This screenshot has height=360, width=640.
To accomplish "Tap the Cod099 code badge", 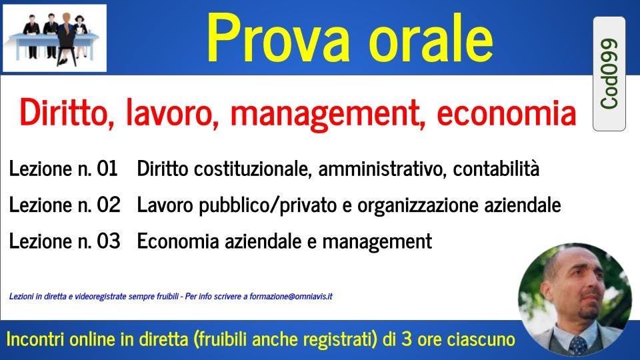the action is click(609, 74).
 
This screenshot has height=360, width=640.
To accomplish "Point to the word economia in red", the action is click(507, 113).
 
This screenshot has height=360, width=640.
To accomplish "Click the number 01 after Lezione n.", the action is click(107, 168).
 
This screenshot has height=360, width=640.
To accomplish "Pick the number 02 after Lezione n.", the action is click(109, 205).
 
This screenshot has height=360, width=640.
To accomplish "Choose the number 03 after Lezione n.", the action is click(109, 241).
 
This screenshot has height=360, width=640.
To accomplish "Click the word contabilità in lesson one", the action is click(496, 168).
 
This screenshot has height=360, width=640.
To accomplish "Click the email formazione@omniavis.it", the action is click(291, 296).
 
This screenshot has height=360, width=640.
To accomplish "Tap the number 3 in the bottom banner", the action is click(407, 339).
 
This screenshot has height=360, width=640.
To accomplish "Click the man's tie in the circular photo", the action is click(578, 345).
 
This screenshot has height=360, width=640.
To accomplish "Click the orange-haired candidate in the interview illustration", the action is click(66, 39).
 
